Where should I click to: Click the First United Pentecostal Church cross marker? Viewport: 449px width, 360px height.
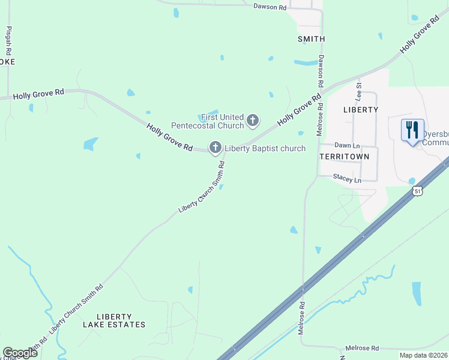[253, 121]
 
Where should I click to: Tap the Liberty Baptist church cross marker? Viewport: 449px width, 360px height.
[215, 147]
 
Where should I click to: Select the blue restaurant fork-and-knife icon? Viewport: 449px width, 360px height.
[411, 130]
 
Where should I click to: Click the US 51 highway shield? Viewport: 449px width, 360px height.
[417, 191]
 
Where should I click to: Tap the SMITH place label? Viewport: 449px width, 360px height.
[311, 39]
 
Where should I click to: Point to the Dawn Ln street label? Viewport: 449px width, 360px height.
[346, 145]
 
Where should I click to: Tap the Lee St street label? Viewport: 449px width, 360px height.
[359, 91]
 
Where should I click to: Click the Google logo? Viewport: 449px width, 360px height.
[20, 353]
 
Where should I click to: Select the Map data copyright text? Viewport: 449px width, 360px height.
[423, 355]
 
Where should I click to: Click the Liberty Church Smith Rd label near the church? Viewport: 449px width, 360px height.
[202, 187]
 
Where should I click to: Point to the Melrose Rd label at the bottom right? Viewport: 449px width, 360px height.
[362, 348]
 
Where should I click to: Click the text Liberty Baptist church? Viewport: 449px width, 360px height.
[265, 148]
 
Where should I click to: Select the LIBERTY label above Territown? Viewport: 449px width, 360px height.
[361, 110]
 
